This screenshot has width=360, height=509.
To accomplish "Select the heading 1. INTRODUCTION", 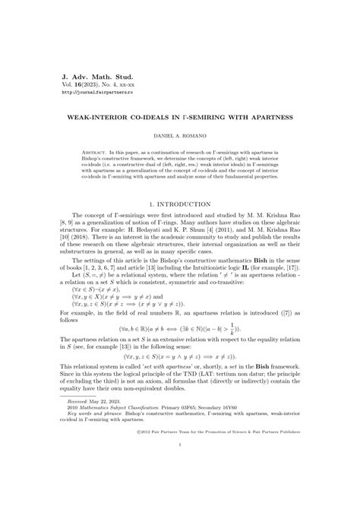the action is click(x=179, y=205).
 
